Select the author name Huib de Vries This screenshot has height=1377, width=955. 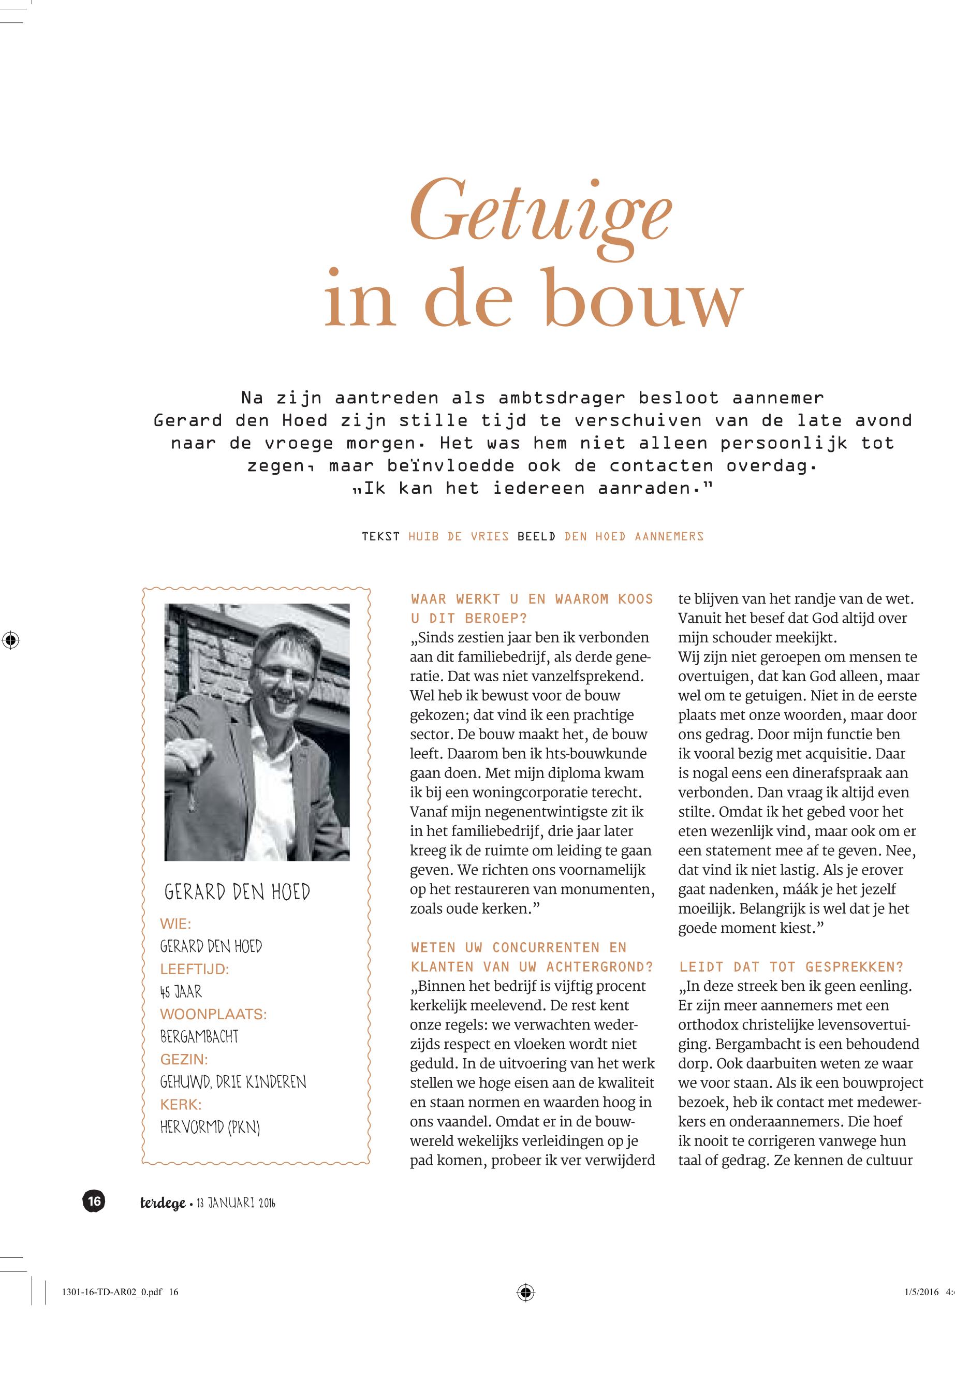click(x=459, y=536)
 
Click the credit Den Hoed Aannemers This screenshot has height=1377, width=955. click(x=634, y=536)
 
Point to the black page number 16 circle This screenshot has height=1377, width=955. click(x=94, y=1200)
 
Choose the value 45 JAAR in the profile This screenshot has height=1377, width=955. click(x=181, y=992)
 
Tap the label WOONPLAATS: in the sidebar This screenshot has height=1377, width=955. click(x=213, y=1014)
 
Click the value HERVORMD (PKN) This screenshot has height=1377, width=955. click(x=210, y=1127)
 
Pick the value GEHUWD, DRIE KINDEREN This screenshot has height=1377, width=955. click(x=233, y=1082)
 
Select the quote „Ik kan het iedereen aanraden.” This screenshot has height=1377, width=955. click(x=532, y=488)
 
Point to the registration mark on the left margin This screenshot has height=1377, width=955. click(x=10, y=640)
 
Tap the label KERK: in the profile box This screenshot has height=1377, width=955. click(x=181, y=1105)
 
